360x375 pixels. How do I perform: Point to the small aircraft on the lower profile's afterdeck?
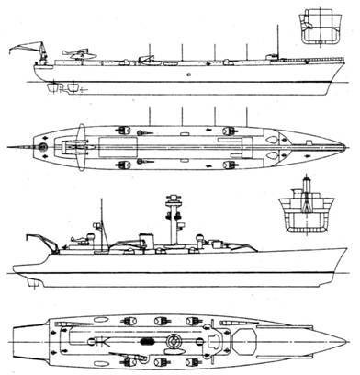78,240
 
